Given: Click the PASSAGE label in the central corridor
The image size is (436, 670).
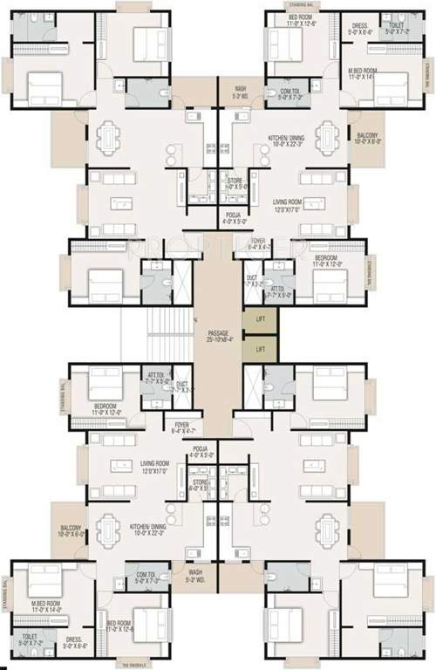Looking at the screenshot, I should pyautogui.click(x=217, y=335).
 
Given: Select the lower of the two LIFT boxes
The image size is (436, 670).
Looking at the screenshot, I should pyautogui.click(x=260, y=349).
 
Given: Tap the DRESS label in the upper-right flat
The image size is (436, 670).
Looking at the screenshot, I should pyautogui.click(x=362, y=28).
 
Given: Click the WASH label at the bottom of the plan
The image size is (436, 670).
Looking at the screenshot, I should pyautogui.click(x=197, y=575).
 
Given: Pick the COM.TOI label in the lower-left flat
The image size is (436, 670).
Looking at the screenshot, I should pyautogui.click(x=148, y=577).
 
